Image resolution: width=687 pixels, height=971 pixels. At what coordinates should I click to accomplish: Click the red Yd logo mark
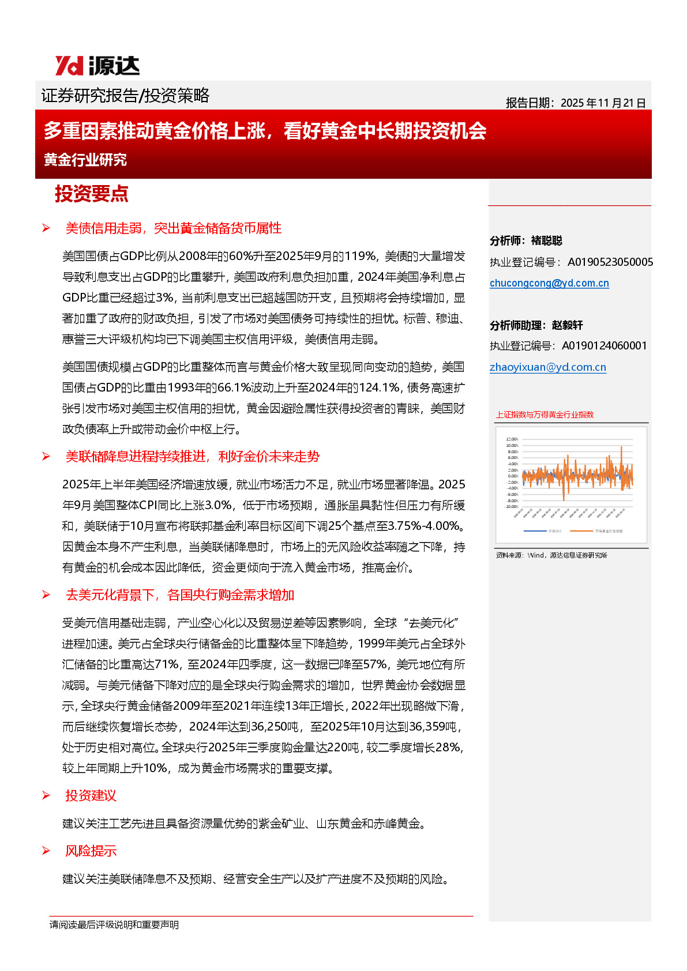[x=69, y=66]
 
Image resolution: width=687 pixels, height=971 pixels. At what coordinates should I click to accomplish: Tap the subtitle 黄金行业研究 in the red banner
[x=85, y=160]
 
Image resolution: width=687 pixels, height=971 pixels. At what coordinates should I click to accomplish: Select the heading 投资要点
[x=91, y=194]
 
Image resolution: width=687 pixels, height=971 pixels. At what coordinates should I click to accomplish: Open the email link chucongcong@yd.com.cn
[x=549, y=283]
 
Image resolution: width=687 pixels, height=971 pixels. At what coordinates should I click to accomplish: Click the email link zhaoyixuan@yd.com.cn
[x=547, y=367]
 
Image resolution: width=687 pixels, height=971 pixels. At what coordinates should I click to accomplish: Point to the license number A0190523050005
[x=610, y=262]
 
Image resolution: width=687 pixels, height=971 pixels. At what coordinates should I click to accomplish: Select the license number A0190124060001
[x=604, y=346]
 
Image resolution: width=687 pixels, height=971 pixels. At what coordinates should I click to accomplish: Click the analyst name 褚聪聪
[x=547, y=241]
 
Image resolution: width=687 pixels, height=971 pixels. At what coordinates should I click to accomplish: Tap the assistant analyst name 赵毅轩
[x=568, y=325]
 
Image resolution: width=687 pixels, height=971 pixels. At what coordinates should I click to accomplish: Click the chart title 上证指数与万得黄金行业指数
[x=545, y=415]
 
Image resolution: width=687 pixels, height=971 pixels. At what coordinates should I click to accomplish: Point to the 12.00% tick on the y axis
[x=512, y=439]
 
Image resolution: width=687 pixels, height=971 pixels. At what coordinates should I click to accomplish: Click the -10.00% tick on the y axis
[x=512, y=507]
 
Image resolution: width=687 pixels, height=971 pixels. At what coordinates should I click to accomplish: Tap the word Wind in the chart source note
[x=535, y=555]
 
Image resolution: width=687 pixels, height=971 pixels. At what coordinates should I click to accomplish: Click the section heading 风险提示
[x=91, y=851]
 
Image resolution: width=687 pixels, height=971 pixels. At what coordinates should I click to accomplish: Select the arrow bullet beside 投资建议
[x=46, y=796]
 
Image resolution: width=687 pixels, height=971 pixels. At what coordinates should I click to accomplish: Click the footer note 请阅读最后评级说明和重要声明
[x=114, y=925]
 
